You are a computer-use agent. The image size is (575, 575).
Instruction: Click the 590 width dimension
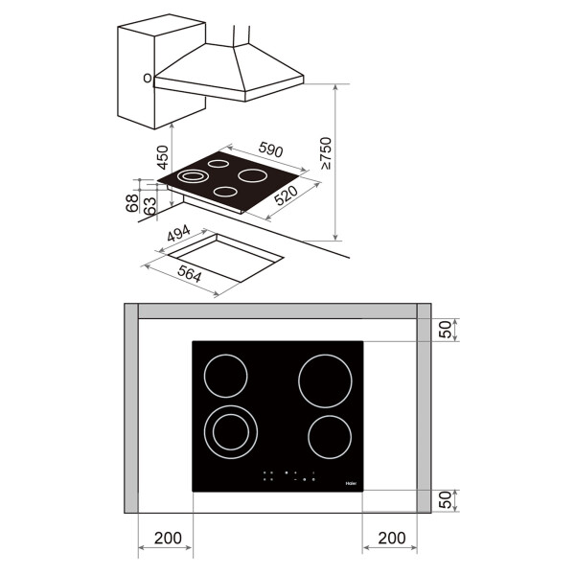tap(271, 150)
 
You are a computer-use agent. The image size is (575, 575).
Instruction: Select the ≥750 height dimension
tap(326, 154)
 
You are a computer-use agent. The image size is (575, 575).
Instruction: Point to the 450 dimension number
tap(162, 156)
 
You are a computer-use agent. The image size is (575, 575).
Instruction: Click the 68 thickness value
tap(132, 204)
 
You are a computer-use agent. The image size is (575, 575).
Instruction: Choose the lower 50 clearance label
tap(444, 500)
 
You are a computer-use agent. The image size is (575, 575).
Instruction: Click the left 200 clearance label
tap(167, 539)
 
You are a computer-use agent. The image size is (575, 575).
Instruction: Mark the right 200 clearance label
tap(391, 539)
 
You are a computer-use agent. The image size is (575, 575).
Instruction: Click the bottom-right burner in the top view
tap(331, 437)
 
